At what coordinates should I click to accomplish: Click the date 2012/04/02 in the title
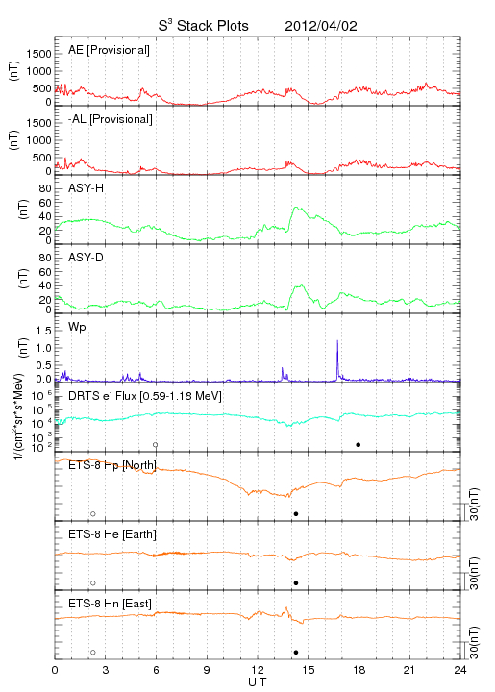click(x=321, y=26)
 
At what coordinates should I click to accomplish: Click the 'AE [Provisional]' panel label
click(x=109, y=50)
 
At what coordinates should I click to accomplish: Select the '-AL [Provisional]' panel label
click(x=111, y=119)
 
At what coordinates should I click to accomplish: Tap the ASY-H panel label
click(x=87, y=188)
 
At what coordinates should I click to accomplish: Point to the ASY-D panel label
click(x=87, y=258)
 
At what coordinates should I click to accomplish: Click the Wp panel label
click(x=77, y=327)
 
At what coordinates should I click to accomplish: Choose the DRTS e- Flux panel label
click(x=145, y=396)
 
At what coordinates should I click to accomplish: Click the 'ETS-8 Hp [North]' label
click(x=112, y=465)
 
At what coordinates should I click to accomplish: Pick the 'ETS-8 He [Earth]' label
click(x=112, y=534)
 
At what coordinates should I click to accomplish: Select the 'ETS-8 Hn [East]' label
click(x=110, y=604)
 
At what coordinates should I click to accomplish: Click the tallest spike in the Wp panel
click(x=337, y=340)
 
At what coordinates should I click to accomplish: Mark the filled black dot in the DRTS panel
click(x=359, y=444)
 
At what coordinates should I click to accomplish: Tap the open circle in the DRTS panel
click(x=156, y=444)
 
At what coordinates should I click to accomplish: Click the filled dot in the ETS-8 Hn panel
click(x=296, y=653)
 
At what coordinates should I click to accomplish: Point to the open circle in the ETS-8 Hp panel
click(x=93, y=513)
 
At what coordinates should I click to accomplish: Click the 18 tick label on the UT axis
click(x=359, y=670)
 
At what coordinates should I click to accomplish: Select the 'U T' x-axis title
click(x=258, y=682)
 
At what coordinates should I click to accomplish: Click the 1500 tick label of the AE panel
click(x=38, y=54)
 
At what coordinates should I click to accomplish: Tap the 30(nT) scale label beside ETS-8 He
click(x=474, y=573)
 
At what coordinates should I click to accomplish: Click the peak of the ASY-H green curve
click(x=295, y=207)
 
